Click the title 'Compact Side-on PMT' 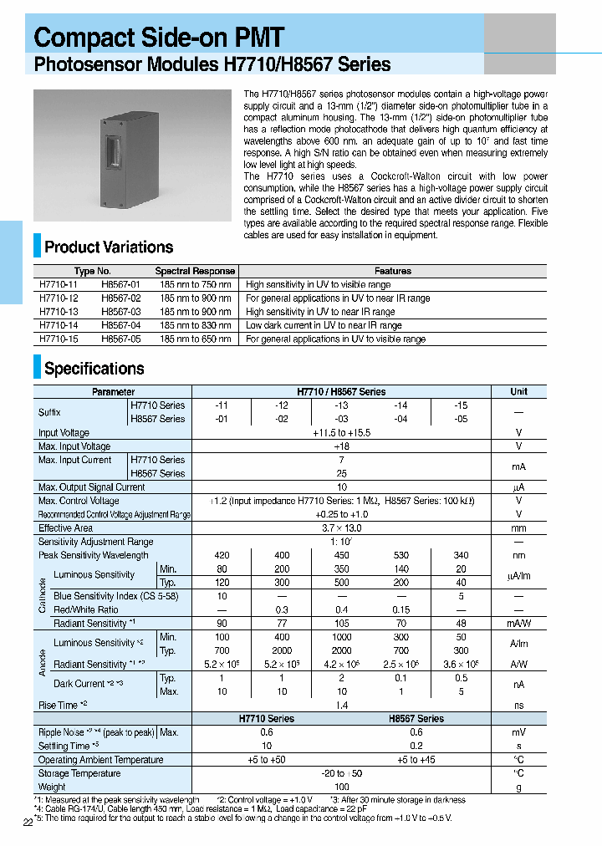pos(159,37)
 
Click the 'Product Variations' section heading pos(109,247)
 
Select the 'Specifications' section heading pos(94,369)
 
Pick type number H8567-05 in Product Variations pos(120,339)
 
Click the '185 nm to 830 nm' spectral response pos(195,325)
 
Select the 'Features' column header pos(392,271)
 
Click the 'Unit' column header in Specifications pos(518,391)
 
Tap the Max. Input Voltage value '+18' pos(341,446)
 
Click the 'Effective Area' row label pos(66,527)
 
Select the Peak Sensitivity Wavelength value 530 pos(401,555)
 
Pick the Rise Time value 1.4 pos(341,706)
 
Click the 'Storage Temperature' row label pos(79,773)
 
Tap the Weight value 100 pos(341,787)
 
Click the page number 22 pos(28,823)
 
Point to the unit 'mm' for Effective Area pos(518,527)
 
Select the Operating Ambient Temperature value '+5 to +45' pos(416,760)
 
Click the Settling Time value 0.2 pos(416,746)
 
